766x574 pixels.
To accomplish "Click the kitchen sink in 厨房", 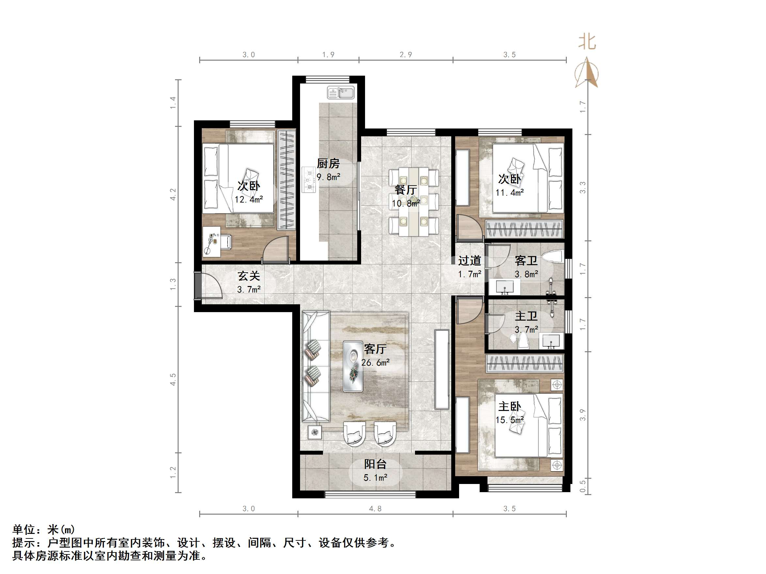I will pyautogui.click(x=341, y=93).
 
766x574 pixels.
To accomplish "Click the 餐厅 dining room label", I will pyautogui.click(x=406, y=189).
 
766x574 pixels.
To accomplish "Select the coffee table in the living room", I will pyautogui.click(x=353, y=366).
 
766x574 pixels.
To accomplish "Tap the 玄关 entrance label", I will pyautogui.click(x=248, y=276).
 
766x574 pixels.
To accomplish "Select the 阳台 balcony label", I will pyautogui.click(x=375, y=464).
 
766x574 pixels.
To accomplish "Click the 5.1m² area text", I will pyautogui.click(x=375, y=478).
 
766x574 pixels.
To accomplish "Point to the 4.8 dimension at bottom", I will pyautogui.click(x=375, y=508).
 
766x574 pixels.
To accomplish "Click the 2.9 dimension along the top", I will pyautogui.click(x=406, y=55).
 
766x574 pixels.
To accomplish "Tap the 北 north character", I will pyautogui.click(x=587, y=42).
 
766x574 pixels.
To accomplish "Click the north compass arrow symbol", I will pyautogui.click(x=587, y=73).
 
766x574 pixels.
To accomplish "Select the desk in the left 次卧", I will pyautogui.click(x=212, y=241).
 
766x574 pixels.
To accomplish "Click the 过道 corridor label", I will pyautogui.click(x=470, y=260).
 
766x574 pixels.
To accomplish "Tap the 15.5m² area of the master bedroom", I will pyautogui.click(x=509, y=420).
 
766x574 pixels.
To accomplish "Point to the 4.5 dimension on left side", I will pyautogui.click(x=173, y=379).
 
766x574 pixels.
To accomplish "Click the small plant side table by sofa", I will pyautogui.click(x=314, y=432).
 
